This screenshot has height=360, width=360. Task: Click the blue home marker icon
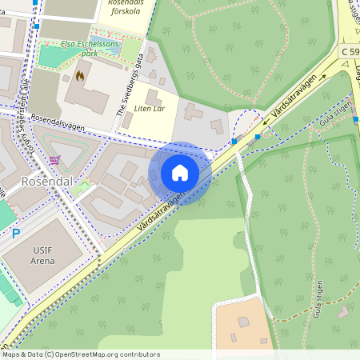pyautogui.click(x=179, y=173)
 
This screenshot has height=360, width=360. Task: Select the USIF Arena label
pyautogui.click(x=45, y=254)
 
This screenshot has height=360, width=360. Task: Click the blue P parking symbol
pyautogui.click(x=15, y=234)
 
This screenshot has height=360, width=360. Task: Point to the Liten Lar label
pyautogui.click(x=150, y=107)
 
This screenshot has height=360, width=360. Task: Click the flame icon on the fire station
pyautogui.click(x=79, y=76)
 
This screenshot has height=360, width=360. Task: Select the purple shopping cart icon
pyautogui.click(x=54, y=159)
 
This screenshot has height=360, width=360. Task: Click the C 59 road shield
pyautogui.click(x=350, y=51)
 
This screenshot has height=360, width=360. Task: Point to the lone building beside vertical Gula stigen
pyautogui.click(x=344, y=310)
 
